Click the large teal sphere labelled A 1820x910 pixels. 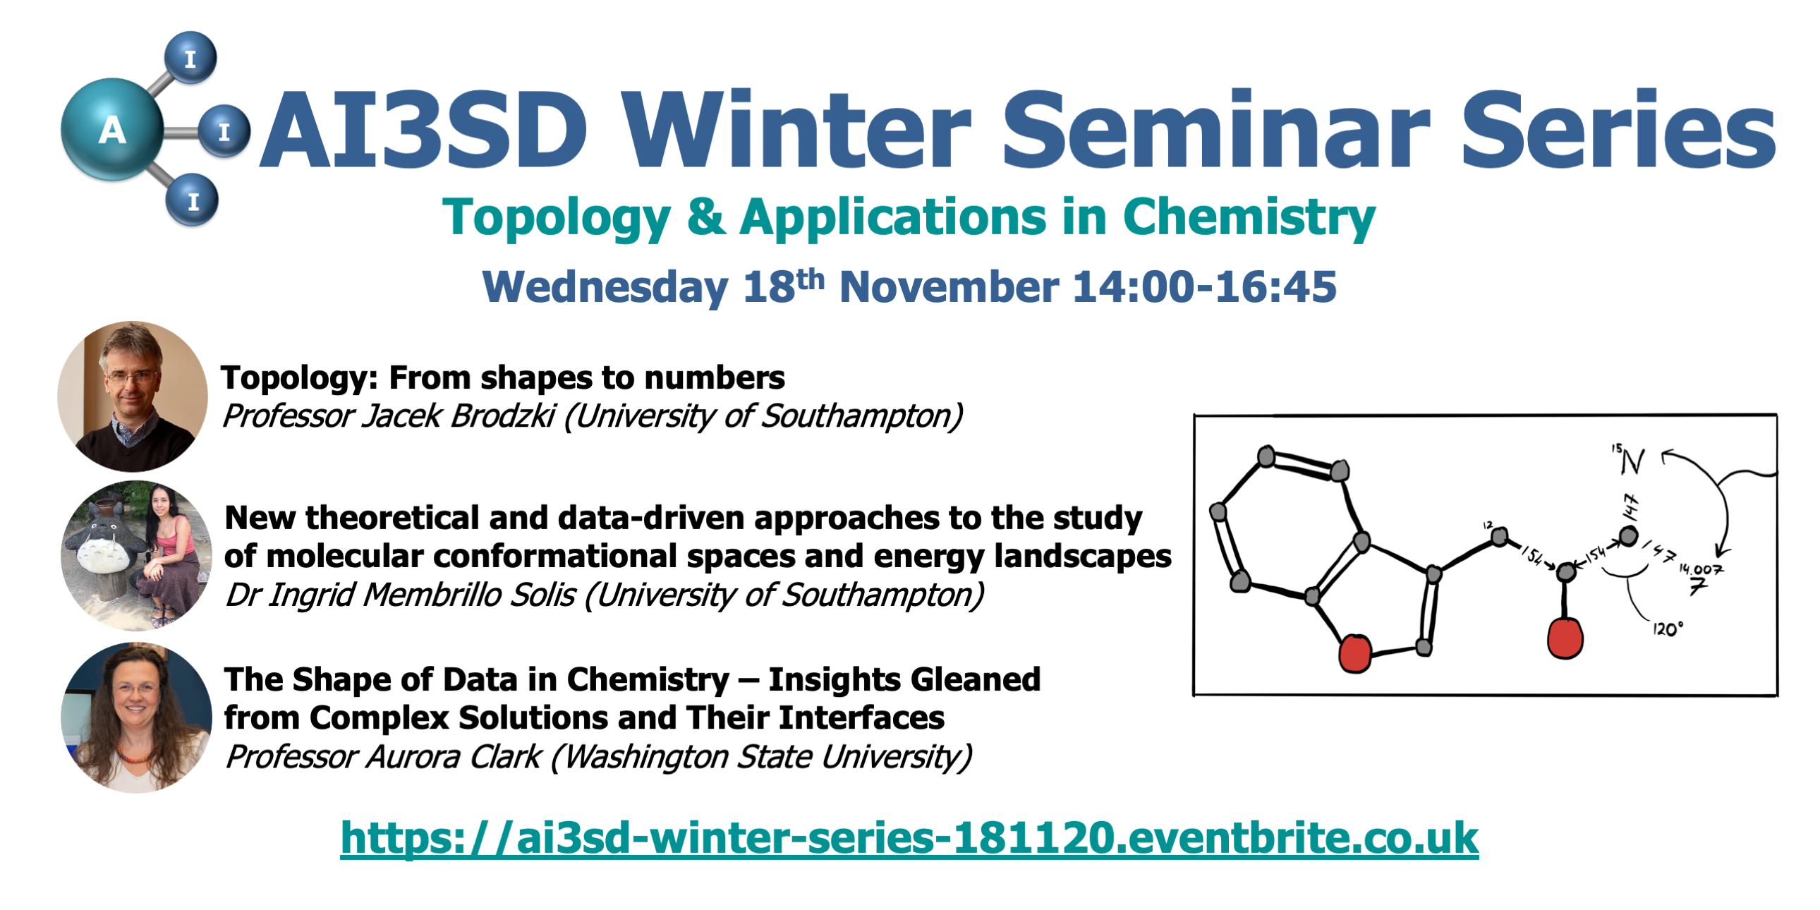click(112, 129)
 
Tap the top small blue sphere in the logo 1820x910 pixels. click(190, 57)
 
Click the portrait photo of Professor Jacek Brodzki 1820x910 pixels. click(133, 396)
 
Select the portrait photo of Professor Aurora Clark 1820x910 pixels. click(136, 717)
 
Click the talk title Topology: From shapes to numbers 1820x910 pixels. click(502, 377)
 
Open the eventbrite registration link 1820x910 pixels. click(909, 838)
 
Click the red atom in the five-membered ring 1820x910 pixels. click(1355, 653)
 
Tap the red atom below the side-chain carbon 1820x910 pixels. click(1565, 638)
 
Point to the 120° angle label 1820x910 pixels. click(1668, 629)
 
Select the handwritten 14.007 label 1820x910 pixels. click(1700, 569)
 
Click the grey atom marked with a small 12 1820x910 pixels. click(1499, 538)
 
